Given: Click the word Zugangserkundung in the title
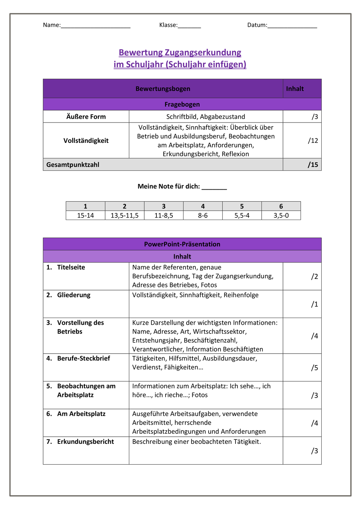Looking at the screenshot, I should [203, 53].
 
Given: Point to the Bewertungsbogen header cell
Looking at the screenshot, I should [163, 89].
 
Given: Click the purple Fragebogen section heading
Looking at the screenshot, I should [182, 105].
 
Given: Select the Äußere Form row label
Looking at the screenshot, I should [86, 117].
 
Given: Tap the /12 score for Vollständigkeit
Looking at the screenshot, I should [313, 140].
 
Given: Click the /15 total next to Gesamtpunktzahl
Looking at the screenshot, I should [313, 165].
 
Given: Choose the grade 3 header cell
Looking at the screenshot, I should [164, 206].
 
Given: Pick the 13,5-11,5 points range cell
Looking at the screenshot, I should [125, 215].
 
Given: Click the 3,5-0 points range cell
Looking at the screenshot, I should [281, 215].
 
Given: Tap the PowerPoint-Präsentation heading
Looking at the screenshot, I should [182, 244].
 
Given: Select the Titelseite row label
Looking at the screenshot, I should [71, 267].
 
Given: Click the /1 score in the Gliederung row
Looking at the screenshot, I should [315, 304].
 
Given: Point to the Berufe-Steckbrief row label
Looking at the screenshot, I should [83, 359].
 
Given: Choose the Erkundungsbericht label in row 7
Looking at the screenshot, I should [86, 442].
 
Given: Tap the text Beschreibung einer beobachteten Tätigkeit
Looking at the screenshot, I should [196, 442].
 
